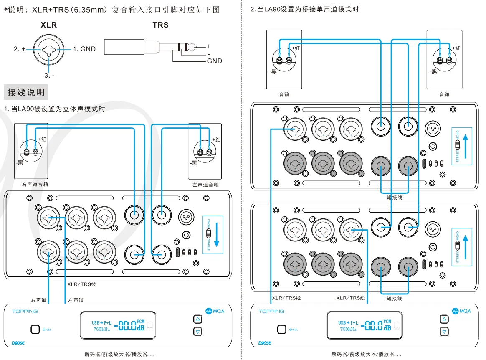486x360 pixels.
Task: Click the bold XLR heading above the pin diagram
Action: coord(49,25)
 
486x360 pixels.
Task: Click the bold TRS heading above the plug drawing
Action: coord(161,25)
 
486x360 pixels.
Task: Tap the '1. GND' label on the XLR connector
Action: coord(84,49)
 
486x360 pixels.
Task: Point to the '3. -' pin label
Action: coord(49,76)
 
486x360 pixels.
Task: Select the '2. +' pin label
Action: coord(20,49)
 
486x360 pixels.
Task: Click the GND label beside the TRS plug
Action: coord(215,61)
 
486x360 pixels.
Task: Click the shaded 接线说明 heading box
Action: coord(25,92)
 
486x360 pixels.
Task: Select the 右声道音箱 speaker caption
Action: coord(35,184)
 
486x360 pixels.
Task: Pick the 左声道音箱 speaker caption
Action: coord(205,184)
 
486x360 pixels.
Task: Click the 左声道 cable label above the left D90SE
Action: coord(76,300)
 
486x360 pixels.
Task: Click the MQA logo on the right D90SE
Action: coord(461,311)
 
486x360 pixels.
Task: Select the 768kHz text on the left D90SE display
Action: coord(102,329)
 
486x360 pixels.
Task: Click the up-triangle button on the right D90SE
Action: coord(444,319)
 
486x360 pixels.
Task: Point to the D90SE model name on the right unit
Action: coord(265,343)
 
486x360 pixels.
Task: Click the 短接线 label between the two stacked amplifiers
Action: coord(395,198)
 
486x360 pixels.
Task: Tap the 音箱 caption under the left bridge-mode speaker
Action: coord(284,95)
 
